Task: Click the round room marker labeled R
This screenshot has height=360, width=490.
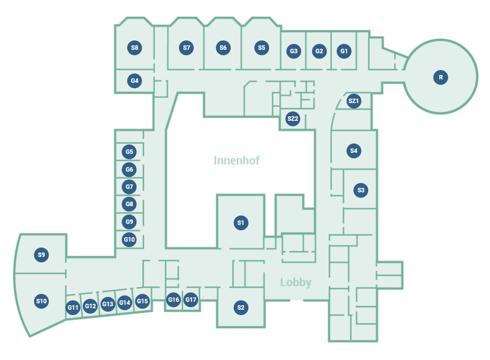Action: pos(441,77)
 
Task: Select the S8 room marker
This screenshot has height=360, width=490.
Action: pos(135,48)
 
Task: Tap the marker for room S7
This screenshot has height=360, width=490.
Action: pos(186,48)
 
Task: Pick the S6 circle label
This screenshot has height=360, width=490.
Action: pos(223,48)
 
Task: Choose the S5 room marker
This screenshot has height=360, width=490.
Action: pos(261,48)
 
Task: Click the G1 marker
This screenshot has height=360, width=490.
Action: pos(344,51)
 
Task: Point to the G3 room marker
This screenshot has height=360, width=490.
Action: pos(294,51)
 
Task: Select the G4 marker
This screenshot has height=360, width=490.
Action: pos(135,80)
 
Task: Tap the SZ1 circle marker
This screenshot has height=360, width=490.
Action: pos(353,101)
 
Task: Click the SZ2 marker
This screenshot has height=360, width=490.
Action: pos(293,118)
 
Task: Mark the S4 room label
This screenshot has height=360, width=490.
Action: pos(353,151)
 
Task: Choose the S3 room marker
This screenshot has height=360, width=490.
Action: pos(361,190)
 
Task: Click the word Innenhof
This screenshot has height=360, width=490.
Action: pos(237,160)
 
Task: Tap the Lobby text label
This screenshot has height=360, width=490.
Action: pos(296,283)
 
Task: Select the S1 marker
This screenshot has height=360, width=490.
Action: pos(241,223)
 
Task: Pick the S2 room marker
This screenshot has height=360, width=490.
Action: pos(241,308)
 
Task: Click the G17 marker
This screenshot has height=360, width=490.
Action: pos(191,299)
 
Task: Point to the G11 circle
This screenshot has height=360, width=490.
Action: pos(73,308)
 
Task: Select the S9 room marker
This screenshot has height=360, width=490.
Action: pos(41,255)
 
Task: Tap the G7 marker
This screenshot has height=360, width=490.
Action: pos(129,187)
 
